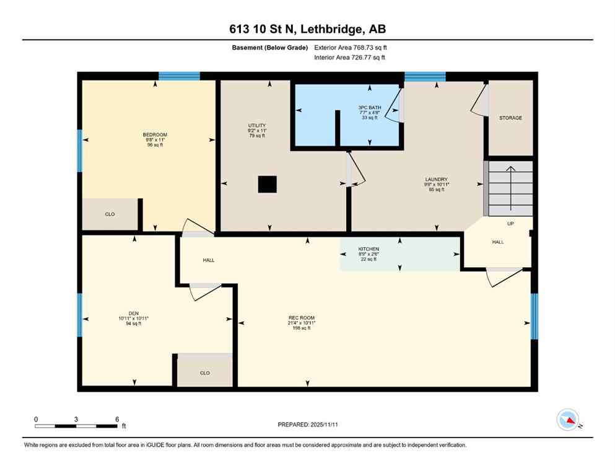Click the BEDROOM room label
[155, 134]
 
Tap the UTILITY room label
[257, 126]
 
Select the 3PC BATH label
[368, 107]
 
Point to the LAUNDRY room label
[436, 180]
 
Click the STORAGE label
[510, 118]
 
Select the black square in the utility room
[268, 185]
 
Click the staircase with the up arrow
[508, 188]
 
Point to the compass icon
[568, 420]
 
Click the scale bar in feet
[76, 426]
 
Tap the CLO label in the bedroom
[110, 214]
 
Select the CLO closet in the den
[204, 372]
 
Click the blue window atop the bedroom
[179, 76]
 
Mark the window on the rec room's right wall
[534, 315]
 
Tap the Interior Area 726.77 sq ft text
[349, 58]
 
